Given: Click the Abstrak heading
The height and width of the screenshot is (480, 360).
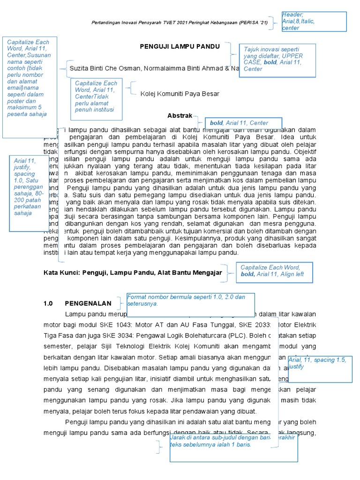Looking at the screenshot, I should pos(180,115).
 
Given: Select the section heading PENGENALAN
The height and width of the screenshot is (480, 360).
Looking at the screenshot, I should pos(88,303).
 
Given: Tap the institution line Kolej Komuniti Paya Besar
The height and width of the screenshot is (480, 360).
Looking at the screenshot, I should pos(180,94).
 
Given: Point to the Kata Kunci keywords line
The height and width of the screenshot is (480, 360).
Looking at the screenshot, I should pos(132,272).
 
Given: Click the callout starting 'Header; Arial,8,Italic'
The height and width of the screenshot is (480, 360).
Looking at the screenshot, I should pos(314,22).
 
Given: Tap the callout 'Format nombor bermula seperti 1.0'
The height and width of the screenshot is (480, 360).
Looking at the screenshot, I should pos(190,300).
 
